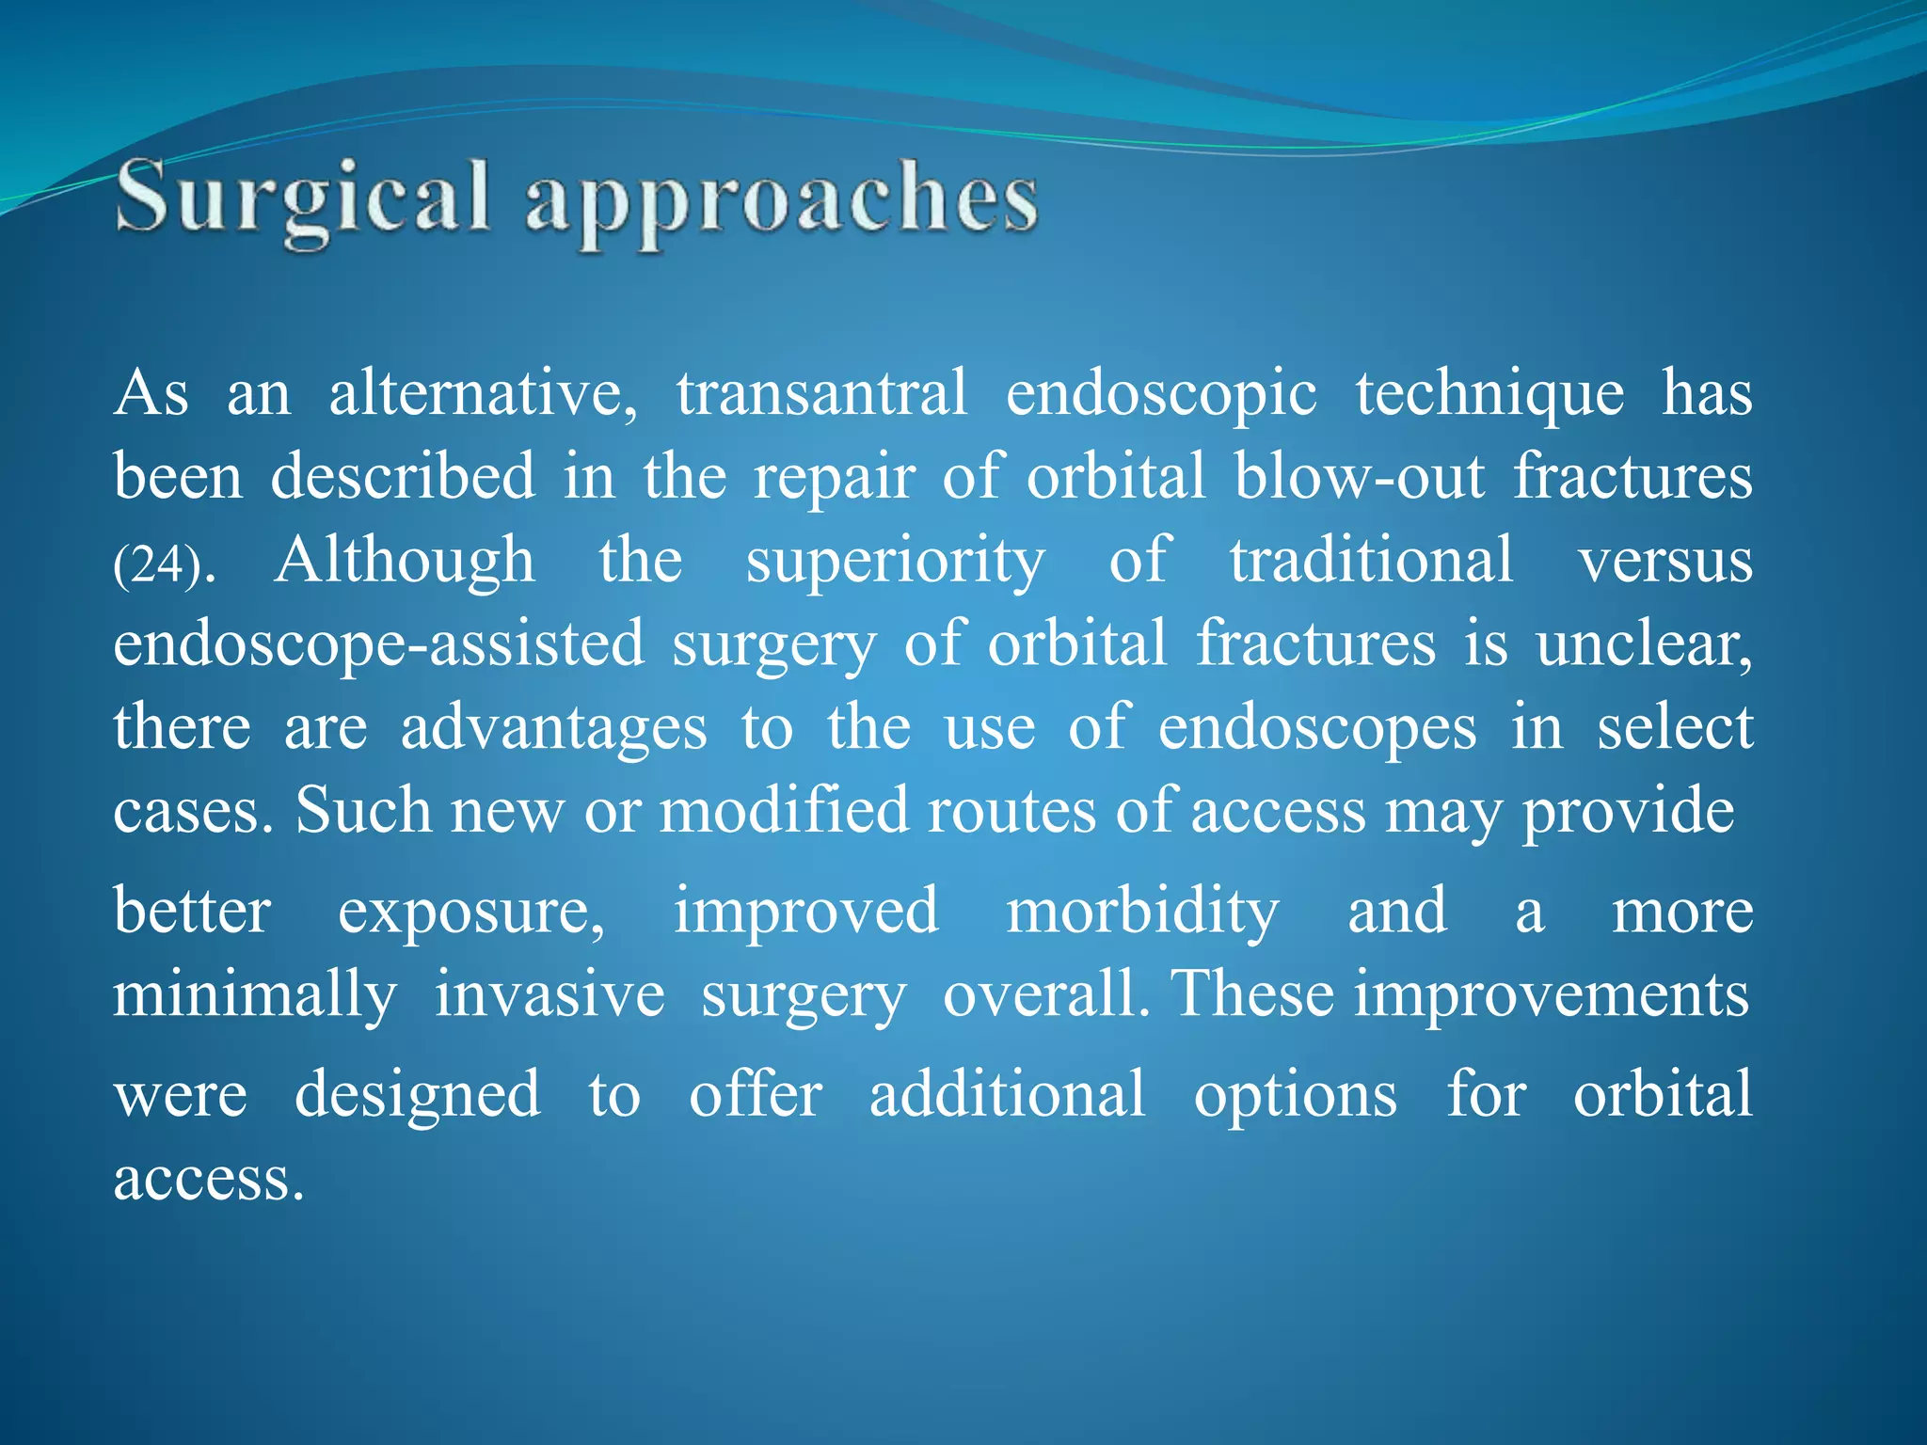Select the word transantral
point(821,393)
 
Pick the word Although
point(405,562)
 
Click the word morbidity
point(1142,913)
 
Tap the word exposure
point(470,913)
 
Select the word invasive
point(549,995)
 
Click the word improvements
point(1552,995)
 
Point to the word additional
point(1007,1095)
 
